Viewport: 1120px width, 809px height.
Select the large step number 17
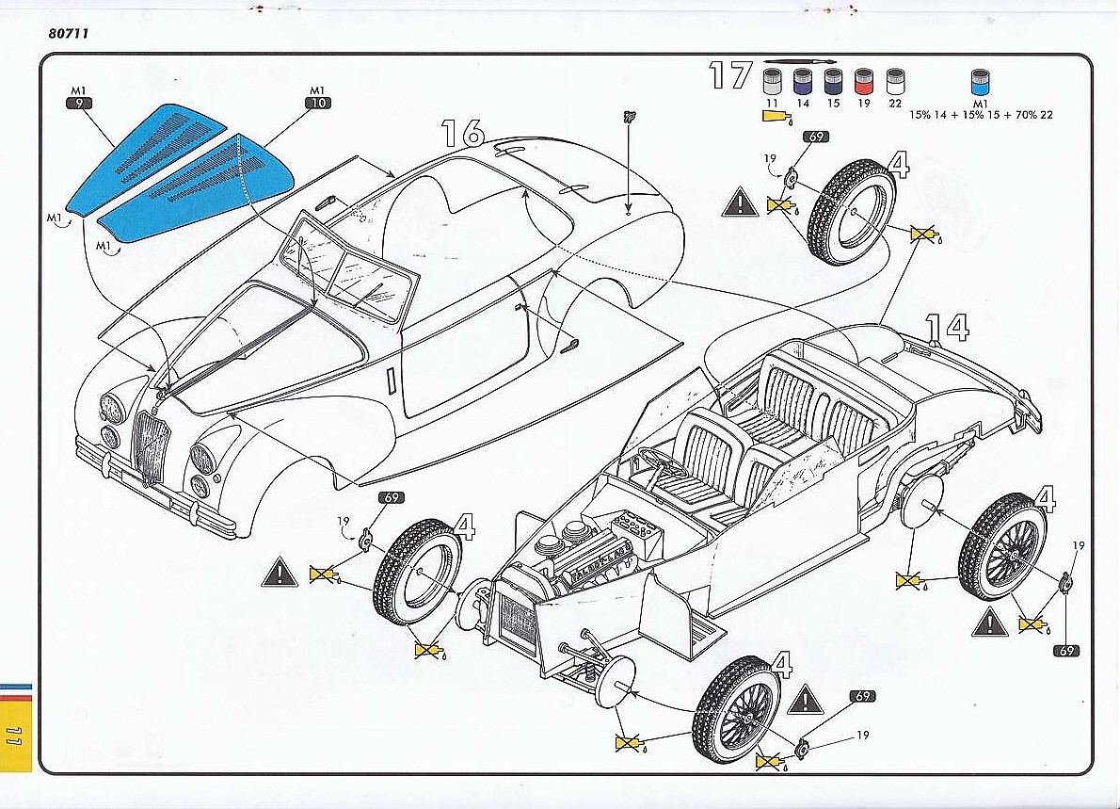point(731,75)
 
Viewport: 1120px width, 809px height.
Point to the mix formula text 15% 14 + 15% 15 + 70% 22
point(979,115)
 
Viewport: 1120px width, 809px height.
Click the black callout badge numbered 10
point(317,103)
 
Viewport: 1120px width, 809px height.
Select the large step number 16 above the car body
point(463,133)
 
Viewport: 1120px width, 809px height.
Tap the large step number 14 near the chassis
point(946,327)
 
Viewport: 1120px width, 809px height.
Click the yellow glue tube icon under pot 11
point(774,117)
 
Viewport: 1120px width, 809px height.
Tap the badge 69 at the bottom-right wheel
point(1067,651)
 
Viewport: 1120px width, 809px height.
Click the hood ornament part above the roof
point(628,118)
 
